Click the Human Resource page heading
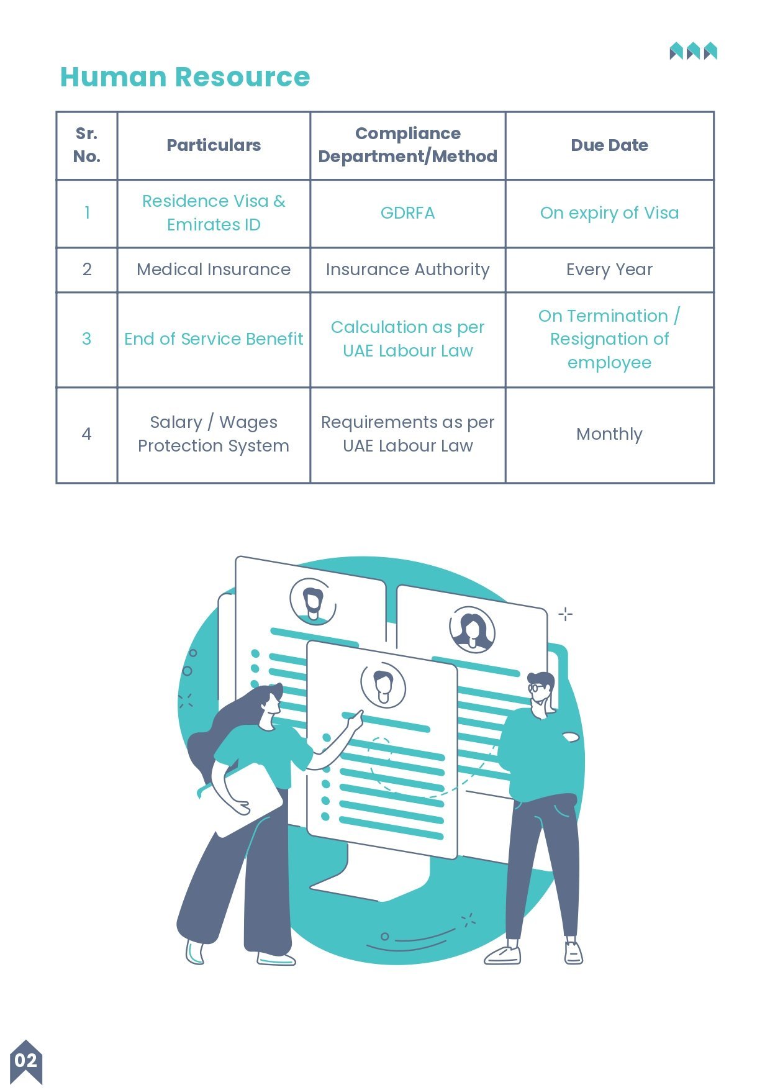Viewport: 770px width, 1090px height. click(185, 77)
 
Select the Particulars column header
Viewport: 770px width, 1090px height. click(214, 145)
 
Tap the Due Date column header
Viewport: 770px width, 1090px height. click(610, 145)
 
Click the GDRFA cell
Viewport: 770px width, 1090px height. click(407, 213)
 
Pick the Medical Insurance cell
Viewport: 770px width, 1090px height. click(214, 270)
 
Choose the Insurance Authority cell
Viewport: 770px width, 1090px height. click(407, 270)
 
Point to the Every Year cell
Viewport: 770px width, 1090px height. click(610, 270)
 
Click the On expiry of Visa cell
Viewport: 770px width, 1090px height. click(610, 213)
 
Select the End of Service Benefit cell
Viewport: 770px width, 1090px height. click(214, 339)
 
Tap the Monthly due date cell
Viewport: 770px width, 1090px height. click(610, 434)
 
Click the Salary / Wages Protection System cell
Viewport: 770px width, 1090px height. click(214, 434)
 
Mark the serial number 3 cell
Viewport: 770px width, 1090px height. click(87, 339)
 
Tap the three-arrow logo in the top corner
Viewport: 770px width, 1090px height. click(693, 51)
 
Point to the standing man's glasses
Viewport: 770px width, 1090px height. click(537, 688)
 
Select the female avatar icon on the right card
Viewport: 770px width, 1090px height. click(472, 629)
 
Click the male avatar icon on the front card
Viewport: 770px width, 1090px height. click(383, 686)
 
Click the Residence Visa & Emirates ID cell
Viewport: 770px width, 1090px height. click(214, 213)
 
